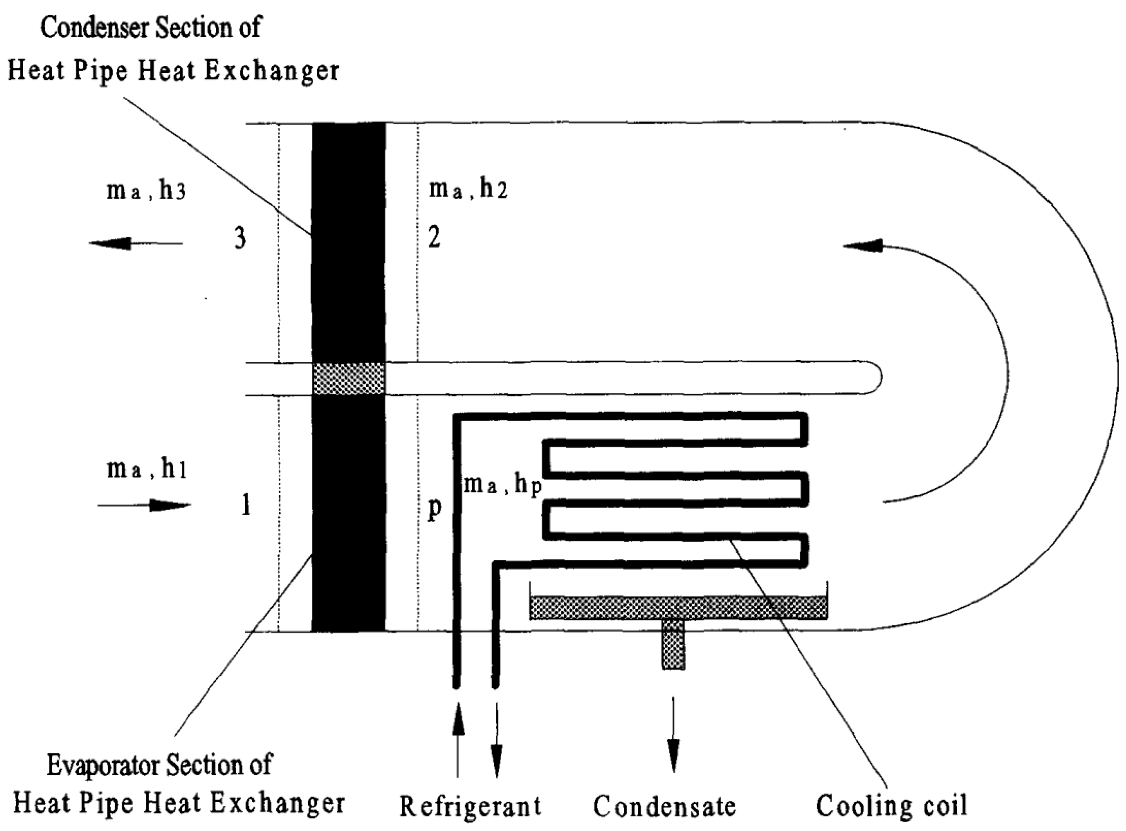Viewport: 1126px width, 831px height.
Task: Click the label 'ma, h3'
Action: point(146,192)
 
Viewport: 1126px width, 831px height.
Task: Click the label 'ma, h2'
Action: point(468,190)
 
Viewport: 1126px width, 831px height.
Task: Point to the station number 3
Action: point(240,238)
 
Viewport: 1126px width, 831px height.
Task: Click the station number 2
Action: point(434,237)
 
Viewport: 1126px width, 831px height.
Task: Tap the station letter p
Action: point(434,509)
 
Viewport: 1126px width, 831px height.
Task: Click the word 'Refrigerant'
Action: point(470,806)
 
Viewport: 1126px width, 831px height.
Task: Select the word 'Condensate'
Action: point(664,806)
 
